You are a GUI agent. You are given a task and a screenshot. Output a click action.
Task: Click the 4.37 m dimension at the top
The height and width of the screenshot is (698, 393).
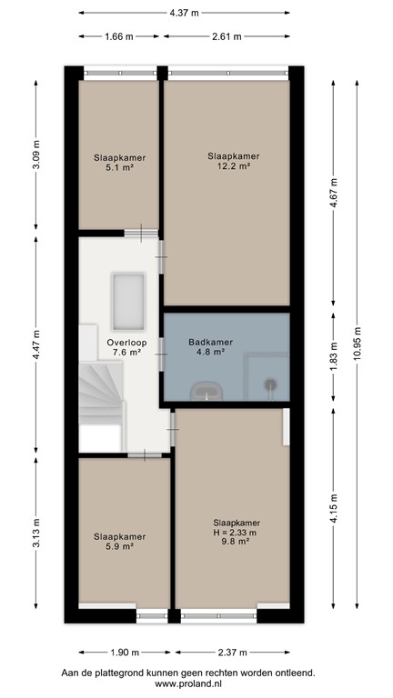[x=186, y=14]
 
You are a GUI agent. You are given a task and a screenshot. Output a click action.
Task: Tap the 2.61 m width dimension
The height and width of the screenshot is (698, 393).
[x=227, y=37]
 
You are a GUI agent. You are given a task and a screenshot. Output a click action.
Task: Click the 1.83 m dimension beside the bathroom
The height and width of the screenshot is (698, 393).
[x=333, y=358]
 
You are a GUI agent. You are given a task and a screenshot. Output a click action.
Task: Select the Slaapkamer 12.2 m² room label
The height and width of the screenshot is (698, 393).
[x=227, y=161]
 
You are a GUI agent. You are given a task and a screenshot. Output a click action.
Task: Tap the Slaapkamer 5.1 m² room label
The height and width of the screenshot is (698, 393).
[x=120, y=163]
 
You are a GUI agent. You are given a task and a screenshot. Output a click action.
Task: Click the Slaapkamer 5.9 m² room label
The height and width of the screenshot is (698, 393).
[x=120, y=542]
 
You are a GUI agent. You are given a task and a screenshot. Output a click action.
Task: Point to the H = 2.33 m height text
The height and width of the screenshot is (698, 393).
[x=236, y=533]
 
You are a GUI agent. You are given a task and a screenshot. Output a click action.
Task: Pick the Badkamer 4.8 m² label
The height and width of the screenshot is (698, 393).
[x=211, y=348]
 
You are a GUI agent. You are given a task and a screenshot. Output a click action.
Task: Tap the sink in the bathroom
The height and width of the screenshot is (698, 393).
[x=208, y=390]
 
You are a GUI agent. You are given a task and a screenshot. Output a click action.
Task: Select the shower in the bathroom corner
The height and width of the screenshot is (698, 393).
[x=272, y=384]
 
